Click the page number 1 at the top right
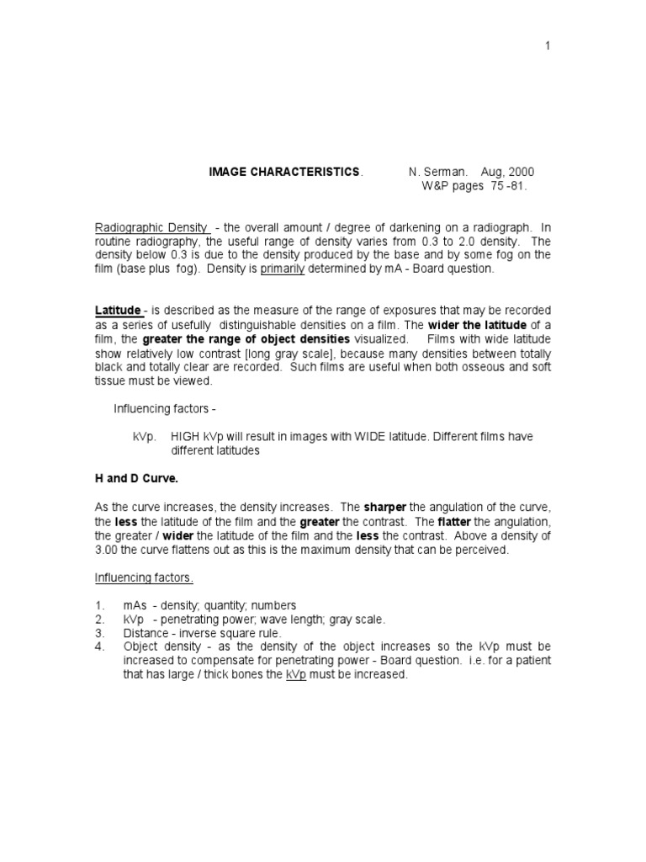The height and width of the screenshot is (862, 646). click(548, 45)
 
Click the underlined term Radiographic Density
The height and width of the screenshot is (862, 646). click(151, 227)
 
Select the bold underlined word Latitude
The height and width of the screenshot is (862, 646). click(118, 310)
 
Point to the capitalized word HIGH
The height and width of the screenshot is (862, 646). click(187, 437)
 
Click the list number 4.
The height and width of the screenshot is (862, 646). click(98, 646)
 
